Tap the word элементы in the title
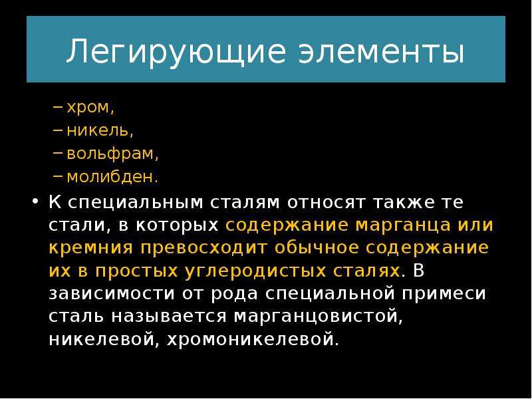381,52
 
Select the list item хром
90,108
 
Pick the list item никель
100,130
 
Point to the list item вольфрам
112,154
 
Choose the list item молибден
112,176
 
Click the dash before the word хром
58,107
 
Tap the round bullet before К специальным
35,201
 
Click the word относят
327,203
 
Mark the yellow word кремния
90,248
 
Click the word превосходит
203,248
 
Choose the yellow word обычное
317,247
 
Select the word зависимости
112,294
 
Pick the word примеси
444,294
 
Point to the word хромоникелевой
253,340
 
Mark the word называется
169,317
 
